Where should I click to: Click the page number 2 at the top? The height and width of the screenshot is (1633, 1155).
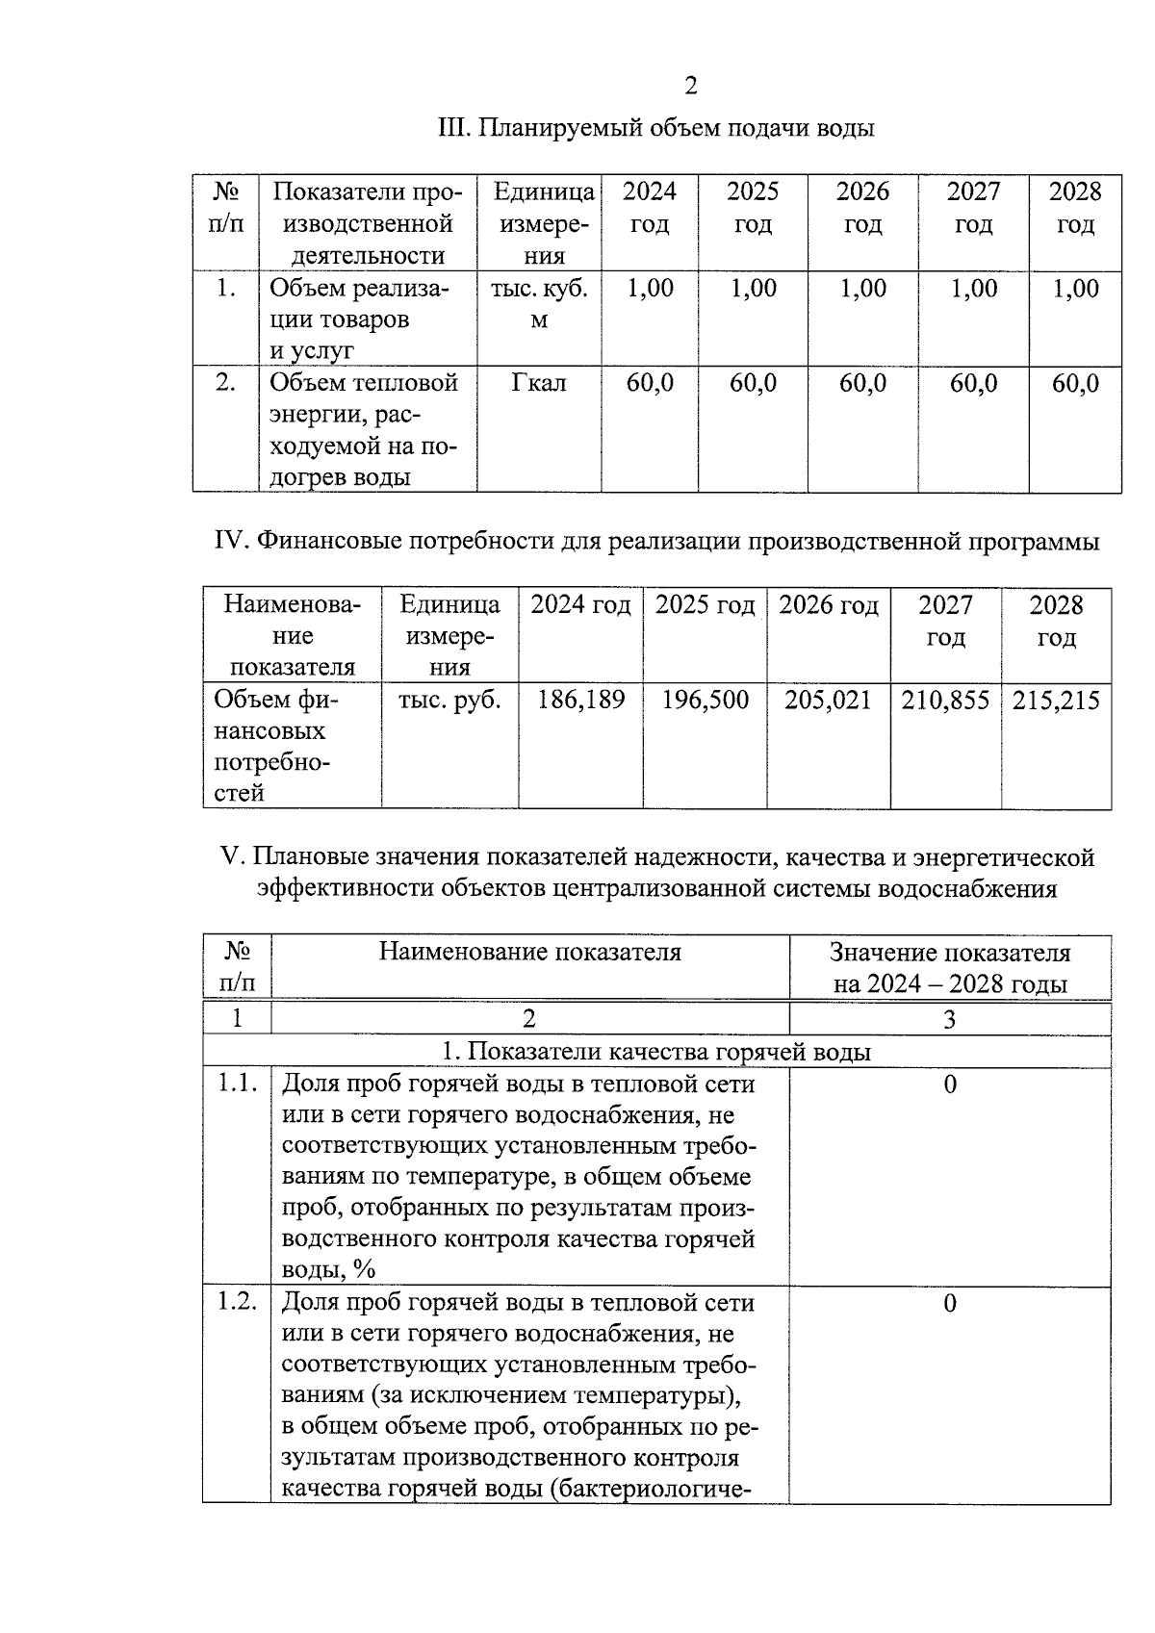690,87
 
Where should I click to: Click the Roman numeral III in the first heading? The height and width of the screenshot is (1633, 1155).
452,128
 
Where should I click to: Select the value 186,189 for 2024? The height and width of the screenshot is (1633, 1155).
580,700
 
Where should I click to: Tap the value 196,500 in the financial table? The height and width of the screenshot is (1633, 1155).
705,700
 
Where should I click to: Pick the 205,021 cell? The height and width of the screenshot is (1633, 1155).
828,700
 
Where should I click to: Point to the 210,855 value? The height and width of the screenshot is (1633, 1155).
945,700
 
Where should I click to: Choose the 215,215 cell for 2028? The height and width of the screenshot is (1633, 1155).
1056,700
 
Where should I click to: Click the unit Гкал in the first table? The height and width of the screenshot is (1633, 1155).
539,383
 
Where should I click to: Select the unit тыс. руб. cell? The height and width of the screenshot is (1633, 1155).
449,700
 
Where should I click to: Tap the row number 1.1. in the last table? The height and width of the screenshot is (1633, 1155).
237,1084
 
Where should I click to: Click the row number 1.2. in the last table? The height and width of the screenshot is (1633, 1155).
237,1302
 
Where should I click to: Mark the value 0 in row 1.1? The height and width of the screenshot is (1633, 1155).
950,1084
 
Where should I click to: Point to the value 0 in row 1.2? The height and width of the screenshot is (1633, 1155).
950,1303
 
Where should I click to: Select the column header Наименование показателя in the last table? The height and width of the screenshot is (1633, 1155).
529,952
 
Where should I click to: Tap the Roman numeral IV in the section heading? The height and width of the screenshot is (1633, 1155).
231,542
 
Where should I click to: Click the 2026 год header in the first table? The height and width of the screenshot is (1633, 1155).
862,208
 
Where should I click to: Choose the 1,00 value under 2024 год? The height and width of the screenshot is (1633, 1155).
650,288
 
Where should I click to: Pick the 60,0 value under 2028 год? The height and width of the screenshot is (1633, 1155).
1075,383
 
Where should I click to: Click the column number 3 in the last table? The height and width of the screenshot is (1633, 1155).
949,1019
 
